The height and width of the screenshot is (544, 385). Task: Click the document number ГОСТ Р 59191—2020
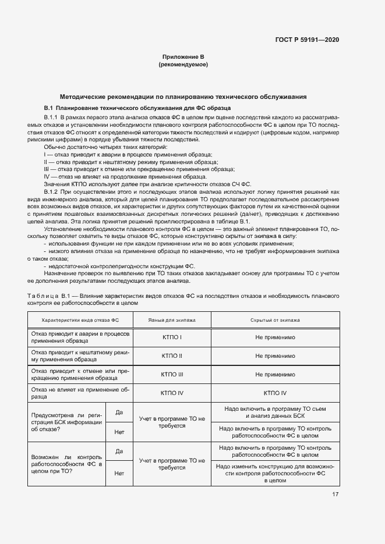(307, 40)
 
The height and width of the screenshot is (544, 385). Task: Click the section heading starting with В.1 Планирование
(137, 108)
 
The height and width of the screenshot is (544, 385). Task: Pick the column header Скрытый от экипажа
(275, 320)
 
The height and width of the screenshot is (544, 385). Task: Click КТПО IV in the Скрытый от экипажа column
(275, 393)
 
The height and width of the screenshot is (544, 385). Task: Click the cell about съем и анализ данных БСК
(275, 412)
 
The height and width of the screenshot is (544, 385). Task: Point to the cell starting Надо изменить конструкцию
(275, 474)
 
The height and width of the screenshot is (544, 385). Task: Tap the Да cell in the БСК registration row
(119, 412)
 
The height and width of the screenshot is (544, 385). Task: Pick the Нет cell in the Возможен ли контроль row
(119, 473)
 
